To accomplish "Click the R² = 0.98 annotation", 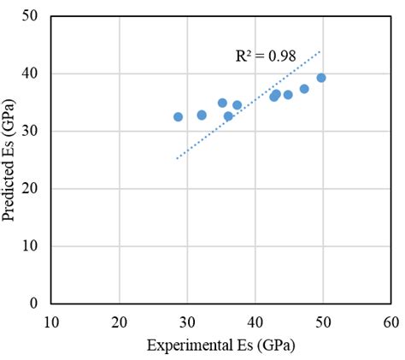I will point(265,56).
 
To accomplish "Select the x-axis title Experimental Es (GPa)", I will point(221,345).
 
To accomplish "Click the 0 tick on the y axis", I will point(34,304).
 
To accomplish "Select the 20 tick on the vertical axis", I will point(31,189).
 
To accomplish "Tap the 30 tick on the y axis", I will point(31,132).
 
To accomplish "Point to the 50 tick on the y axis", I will point(31,16).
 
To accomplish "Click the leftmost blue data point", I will point(178,117).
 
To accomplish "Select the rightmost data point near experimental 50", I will point(321,78).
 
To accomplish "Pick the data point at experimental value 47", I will point(304,89).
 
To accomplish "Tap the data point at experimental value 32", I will point(202,115).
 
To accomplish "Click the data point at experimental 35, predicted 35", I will point(222,103).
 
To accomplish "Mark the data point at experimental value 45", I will point(288,95).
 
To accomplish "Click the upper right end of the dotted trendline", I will point(320,50).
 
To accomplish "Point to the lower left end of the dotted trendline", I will point(177,158).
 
